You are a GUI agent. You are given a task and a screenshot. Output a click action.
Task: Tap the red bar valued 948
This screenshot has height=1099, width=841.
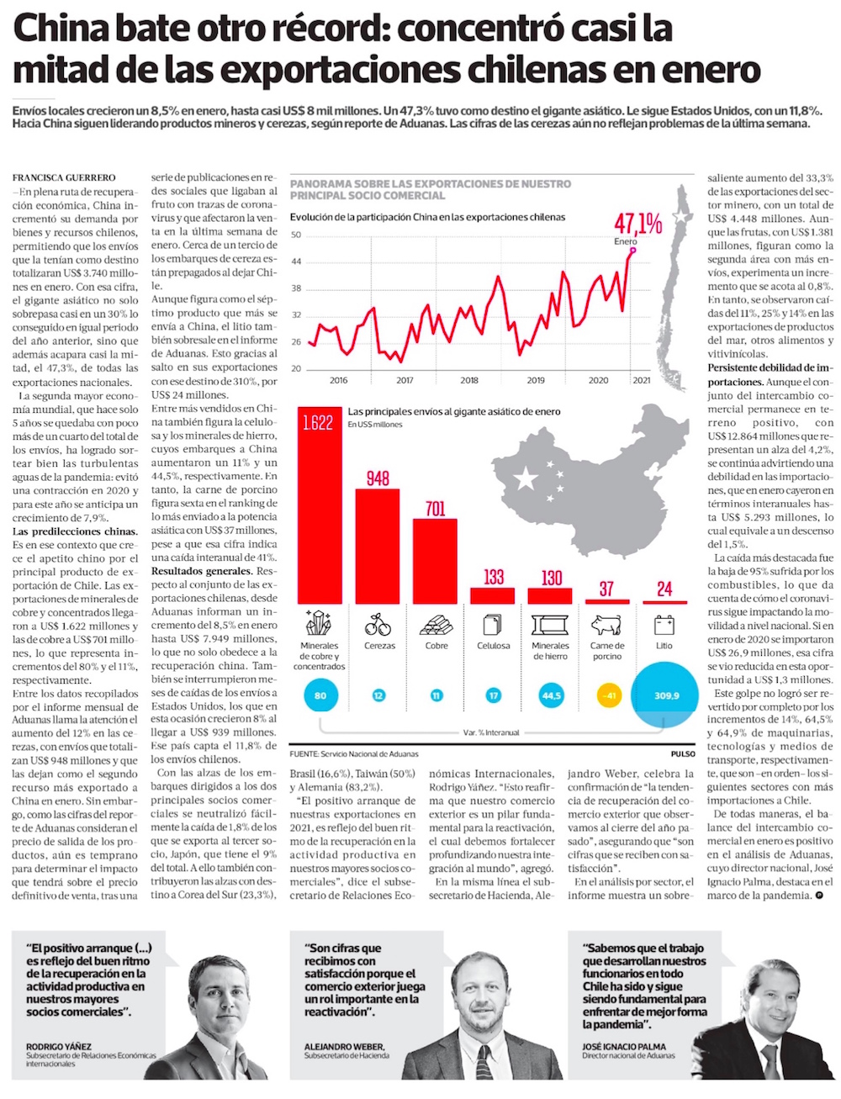pyautogui.click(x=378, y=545)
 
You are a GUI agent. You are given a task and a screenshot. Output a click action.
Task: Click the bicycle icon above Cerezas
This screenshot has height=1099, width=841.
pyautogui.click(x=378, y=625)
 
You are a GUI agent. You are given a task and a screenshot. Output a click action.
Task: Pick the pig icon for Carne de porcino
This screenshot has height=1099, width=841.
pyautogui.click(x=606, y=626)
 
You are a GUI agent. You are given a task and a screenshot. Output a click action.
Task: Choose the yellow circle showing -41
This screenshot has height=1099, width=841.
pyautogui.click(x=606, y=695)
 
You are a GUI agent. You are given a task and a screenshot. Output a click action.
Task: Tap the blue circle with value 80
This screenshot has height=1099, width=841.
pyautogui.click(x=320, y=695)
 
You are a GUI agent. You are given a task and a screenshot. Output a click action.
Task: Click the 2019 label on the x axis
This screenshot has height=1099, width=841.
pyautogui.click(x=535, y=380)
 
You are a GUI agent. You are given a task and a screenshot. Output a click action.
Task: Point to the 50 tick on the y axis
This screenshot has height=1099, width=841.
pyautogui.click(x=296, y=235)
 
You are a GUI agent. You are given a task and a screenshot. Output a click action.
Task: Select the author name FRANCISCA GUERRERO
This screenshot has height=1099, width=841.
pyautogui.click(x=64, y=178)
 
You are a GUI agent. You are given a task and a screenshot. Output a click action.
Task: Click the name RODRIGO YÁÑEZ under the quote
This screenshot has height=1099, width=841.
pyautogui.click(x=59, y=1046)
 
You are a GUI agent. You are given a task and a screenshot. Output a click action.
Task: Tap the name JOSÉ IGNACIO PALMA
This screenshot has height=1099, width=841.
pyautogui.click(x=623, y=1046)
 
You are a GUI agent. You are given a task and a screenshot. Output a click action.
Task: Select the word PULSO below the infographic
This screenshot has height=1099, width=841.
pyautogui.click(x=683, y=753)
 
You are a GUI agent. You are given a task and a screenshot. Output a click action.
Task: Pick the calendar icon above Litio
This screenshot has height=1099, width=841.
pyautogui.click(x=664, y=625)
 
